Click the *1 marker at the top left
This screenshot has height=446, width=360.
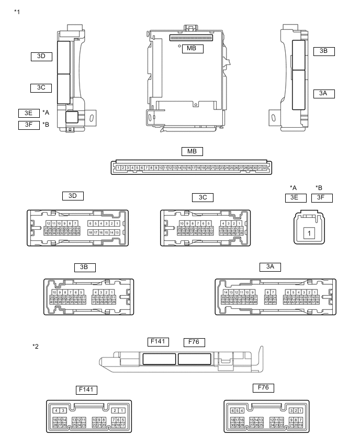17,11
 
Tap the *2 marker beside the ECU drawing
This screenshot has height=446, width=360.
36,346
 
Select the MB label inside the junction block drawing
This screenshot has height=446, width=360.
192,49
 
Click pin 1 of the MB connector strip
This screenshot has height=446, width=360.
119,168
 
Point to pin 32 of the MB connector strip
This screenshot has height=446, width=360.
265,168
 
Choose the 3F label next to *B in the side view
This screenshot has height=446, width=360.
29,125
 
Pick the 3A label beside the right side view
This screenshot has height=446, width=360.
323,93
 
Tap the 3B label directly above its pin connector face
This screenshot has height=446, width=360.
84,267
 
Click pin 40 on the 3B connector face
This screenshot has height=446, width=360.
52,302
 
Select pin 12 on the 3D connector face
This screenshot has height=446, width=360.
48,224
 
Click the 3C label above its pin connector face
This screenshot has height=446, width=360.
203,197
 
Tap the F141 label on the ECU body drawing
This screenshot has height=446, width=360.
157,342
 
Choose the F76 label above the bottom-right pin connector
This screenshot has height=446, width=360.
263,388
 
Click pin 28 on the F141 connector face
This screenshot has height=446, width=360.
55,425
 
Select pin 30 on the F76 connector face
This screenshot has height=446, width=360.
232,425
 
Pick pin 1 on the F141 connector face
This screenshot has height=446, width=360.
121,410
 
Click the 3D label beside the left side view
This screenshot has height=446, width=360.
41,56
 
